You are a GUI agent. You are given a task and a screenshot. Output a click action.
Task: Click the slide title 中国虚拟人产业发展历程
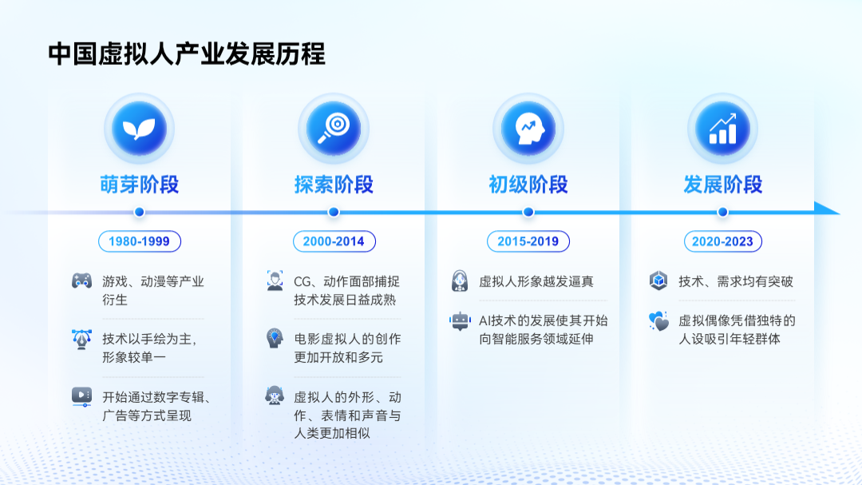click(186, 54)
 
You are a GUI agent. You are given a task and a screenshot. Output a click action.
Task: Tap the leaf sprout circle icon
click(139, 129)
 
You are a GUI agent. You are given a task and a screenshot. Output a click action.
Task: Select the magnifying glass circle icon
click(334, 129)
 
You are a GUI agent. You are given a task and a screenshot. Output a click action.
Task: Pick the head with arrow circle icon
click(528, 129)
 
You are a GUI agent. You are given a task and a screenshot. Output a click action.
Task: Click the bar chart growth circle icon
click(722, 129)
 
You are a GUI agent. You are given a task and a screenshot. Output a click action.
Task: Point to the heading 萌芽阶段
click(139, 185)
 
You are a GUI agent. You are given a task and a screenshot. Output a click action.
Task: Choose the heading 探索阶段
click(334, 185)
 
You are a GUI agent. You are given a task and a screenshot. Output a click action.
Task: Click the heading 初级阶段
click(528, 185)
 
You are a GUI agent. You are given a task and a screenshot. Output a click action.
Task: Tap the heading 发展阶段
click(722, 185)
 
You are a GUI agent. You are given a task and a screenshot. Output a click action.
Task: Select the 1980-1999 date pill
click(140, 241)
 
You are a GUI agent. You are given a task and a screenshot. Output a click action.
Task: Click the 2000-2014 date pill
click(334, 241)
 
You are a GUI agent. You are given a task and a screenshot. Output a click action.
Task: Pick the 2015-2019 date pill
click(528, 241)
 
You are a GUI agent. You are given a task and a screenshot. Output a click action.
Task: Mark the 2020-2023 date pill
click(723, 241)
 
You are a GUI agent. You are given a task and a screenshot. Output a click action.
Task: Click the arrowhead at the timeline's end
click(827, 209)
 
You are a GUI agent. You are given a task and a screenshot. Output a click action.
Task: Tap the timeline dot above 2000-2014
click(334, 212)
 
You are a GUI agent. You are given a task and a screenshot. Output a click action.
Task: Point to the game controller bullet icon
click(82, 280)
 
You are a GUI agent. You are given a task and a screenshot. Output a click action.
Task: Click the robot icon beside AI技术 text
click(461, 320)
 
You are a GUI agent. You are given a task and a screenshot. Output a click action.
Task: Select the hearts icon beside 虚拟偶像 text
click(658, 321)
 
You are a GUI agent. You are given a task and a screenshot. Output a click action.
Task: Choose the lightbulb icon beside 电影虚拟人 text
click(275, 338)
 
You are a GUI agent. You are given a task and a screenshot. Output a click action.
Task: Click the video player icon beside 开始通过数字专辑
click(82, 397)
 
